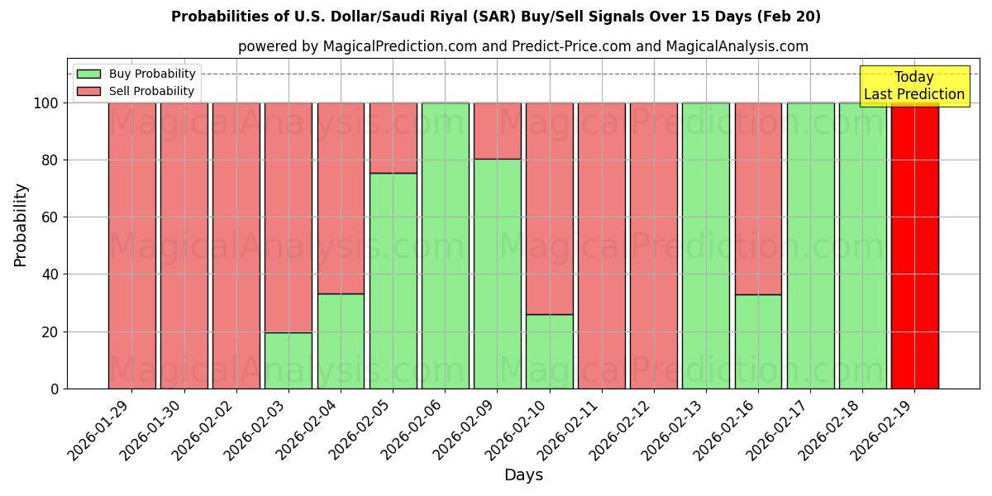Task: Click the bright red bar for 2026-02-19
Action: coord(914,248)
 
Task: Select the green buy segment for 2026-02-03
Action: coord(289,360)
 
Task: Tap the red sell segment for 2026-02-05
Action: coord(393,138)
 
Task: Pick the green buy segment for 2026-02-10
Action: coord(550,351)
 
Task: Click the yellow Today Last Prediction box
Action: coord(914,86)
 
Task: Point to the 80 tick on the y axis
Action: coord(52,160)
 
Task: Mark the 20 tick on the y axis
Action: coord(52,332)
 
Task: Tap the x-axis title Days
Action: coord(523,475)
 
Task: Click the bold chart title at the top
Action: coord(496,17)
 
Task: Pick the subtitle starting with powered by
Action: coord(523,46)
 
